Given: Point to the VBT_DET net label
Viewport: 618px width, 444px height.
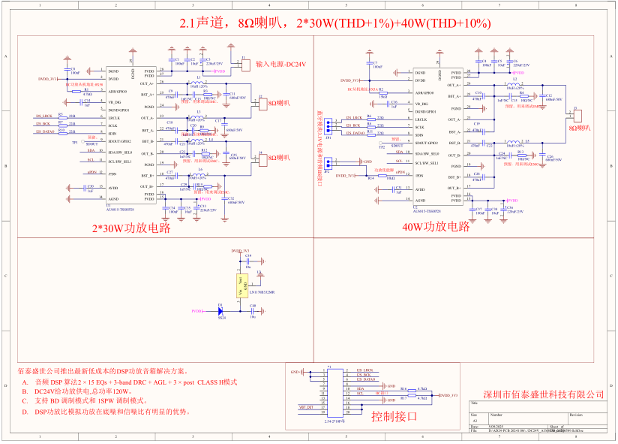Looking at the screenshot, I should coord(305,407).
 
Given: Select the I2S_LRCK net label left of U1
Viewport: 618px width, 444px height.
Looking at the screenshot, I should coord(43,116).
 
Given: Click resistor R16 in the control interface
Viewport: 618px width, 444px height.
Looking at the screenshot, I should coord(403,389).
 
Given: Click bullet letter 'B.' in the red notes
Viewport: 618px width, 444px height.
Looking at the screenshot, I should coord(26,391).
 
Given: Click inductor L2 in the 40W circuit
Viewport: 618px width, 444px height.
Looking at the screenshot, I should coord(514,83).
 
